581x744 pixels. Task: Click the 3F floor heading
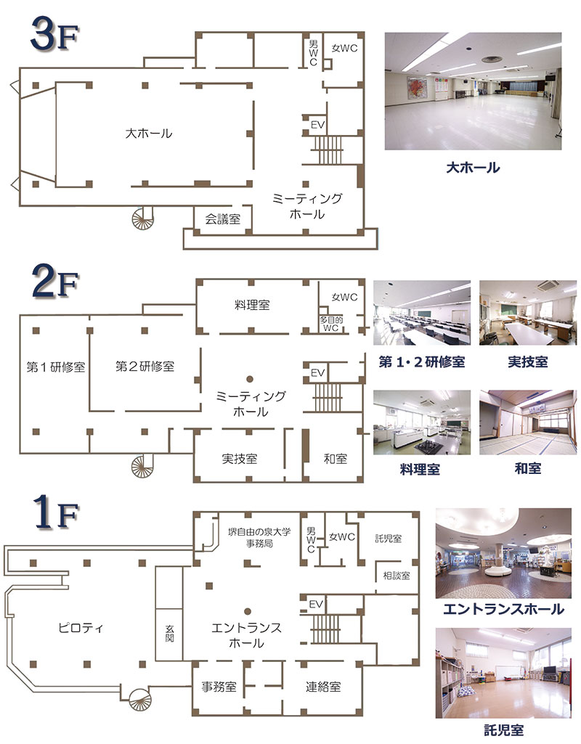tap(54, 34)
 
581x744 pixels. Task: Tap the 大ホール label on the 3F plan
tap(149, 134)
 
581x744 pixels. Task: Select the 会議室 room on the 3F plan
tap(223, 219)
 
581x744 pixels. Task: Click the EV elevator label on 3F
tap(317, 125)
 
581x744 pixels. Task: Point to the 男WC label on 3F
tap(313, 53)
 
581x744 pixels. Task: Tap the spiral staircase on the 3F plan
tap(142, 218)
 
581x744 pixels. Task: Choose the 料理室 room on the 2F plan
tap(252, 305)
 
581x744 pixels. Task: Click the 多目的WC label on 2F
tap(331, 324)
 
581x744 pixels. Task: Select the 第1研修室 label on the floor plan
tap(55, 367)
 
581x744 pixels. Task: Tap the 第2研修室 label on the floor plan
tap(145, 367)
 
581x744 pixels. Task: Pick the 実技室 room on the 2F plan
tap(240, 459)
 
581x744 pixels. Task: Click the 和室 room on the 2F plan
tap(335, 459)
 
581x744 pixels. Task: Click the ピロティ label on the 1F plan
tap(80, 628)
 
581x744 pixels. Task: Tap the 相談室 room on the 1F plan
tap(397, 576)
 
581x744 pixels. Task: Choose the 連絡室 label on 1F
tap(323, 687)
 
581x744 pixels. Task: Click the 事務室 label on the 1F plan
tap(219, 687)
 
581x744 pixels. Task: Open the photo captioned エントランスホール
tap(503, 553)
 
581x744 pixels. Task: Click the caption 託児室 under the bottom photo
tap(503, 730)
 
